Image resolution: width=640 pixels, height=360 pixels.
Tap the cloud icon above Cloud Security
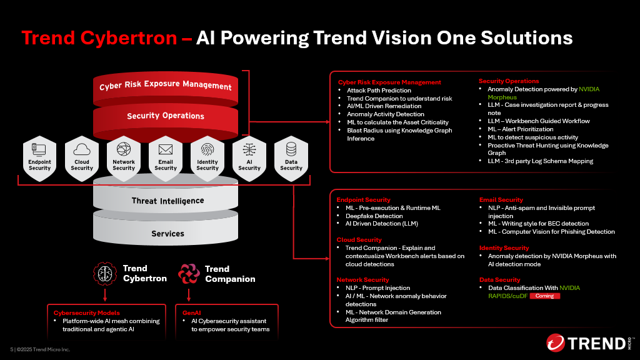82,149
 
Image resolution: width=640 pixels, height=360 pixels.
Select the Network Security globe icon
124,149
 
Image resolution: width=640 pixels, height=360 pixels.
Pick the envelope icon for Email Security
165,150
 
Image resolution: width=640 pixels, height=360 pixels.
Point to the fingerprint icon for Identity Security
207,150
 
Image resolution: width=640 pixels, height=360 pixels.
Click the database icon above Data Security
291,149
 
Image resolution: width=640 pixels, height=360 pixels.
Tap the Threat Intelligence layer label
167,201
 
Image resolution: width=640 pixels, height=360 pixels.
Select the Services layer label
167,234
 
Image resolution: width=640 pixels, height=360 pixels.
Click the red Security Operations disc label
165,116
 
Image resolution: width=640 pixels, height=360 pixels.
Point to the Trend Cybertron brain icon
105,274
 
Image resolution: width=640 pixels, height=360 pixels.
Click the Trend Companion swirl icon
189,274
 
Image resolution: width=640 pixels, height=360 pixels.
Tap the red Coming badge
545,296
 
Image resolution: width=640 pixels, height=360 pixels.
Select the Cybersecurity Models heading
86,313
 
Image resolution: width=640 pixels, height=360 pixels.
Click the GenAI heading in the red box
191,313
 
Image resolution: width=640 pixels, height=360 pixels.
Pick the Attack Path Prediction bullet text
379,91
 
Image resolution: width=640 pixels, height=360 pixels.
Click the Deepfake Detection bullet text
374,216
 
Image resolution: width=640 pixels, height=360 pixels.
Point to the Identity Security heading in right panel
504,247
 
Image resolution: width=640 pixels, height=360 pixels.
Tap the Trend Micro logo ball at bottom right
556,343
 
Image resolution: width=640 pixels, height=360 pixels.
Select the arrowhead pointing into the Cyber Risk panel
327,122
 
